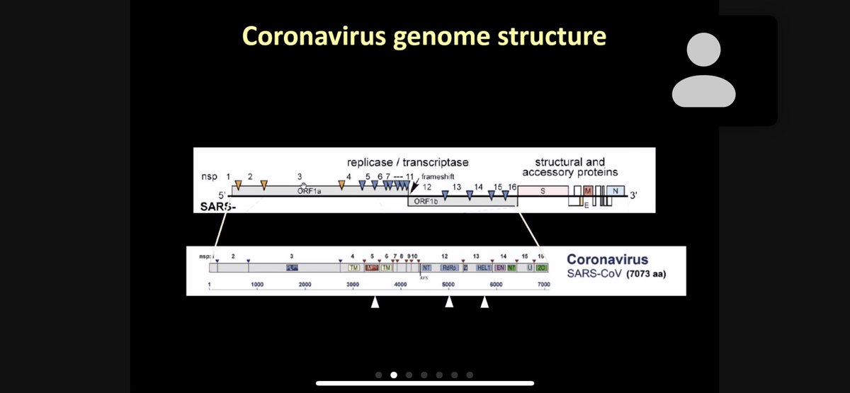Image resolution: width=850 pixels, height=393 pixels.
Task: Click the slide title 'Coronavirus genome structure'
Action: pos(424,35)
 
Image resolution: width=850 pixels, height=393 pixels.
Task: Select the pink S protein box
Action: pos(543,190)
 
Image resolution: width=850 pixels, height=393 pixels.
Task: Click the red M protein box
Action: pos(587,191)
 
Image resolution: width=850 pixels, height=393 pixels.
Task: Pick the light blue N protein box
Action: pos(616,191)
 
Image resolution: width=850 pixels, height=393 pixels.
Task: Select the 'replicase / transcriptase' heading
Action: pos(407,163)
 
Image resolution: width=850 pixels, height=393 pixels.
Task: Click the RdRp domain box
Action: pos(449,268)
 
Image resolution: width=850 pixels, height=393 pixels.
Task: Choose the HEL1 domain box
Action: pos(484,268)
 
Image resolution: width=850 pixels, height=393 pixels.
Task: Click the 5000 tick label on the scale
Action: pos(448,285)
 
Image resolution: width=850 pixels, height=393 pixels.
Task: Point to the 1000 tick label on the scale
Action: pos(257,285)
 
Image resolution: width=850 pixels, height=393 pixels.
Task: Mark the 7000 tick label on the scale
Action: pos(543,285)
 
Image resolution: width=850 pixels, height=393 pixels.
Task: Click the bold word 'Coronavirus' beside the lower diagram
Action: pos(607,260)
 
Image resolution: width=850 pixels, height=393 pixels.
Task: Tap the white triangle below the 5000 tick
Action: pos(448,303)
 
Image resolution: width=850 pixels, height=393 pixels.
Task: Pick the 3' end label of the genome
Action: pos(633,198)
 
